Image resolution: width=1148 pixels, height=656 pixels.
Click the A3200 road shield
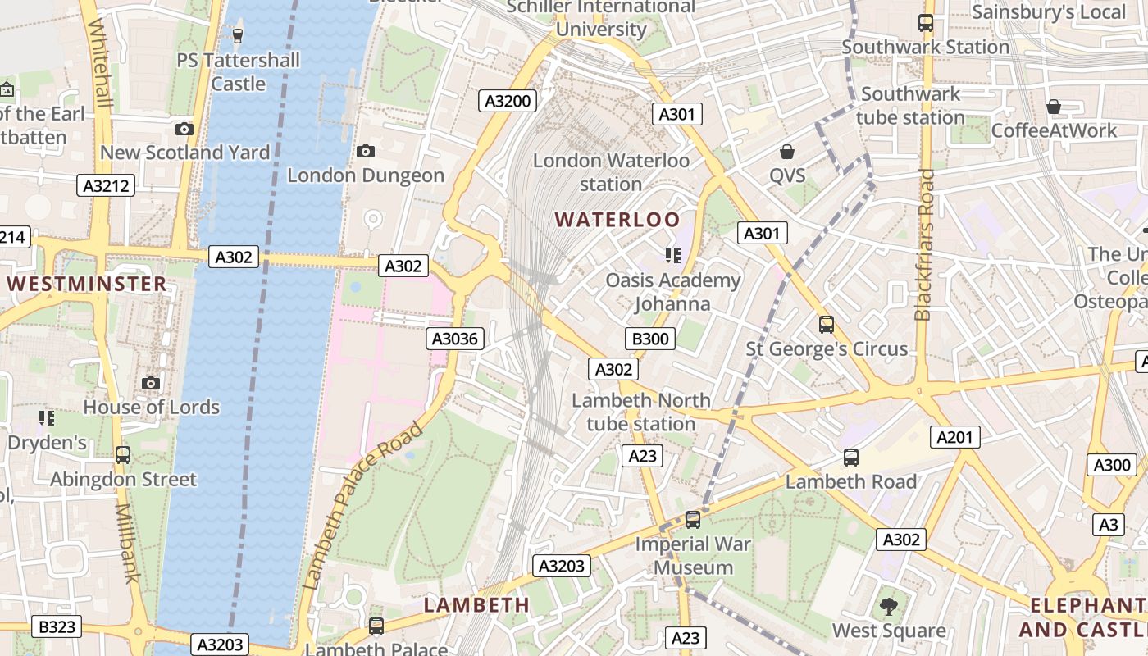(x=508, y=101)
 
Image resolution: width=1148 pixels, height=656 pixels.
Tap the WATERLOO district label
(x=617, y=220)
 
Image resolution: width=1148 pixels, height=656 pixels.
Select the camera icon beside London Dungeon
(x=366, y=151)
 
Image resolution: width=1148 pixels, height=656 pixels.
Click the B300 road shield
(x=650, y=339)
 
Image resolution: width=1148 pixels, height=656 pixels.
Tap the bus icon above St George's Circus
(x=826, y=325)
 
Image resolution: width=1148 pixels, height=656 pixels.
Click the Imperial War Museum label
(x=694, y=555)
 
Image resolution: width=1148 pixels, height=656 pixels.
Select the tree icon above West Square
(x=888, y=607)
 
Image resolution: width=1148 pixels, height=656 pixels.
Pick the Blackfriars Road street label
(x=925, y=244)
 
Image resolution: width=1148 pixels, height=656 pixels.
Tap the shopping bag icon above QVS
(x=787, y=152)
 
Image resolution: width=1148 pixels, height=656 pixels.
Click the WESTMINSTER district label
(x=87, y=285)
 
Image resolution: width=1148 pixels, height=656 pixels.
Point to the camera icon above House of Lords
(x=150, y=383)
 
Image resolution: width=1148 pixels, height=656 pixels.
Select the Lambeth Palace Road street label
(x=362, y=506)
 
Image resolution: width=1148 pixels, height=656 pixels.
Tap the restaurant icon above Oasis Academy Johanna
(x=673, y=256)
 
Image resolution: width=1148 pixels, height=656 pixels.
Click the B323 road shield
(x=57, y=627)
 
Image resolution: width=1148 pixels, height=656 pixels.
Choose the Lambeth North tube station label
(x=641, y=412)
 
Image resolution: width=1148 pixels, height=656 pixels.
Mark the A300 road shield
(x=1112, y=465)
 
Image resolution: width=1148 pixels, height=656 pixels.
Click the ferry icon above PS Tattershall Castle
(x=238, y=35)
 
